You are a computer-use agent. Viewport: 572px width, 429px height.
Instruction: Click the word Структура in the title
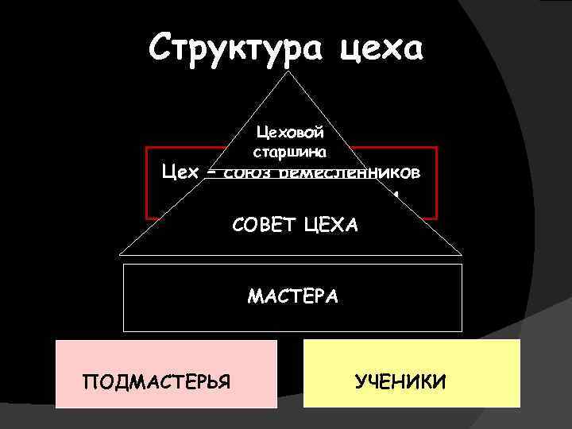click(236, 49)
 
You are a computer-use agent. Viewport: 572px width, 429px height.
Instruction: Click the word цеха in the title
click(383, 49)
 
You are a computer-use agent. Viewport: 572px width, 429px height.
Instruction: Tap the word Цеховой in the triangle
click(290, 133)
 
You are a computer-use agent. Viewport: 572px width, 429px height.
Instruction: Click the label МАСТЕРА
click(292, 296)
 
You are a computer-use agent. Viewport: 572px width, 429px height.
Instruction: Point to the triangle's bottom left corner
click(119, 255)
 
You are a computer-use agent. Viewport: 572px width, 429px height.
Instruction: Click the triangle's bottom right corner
click(462, 255)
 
